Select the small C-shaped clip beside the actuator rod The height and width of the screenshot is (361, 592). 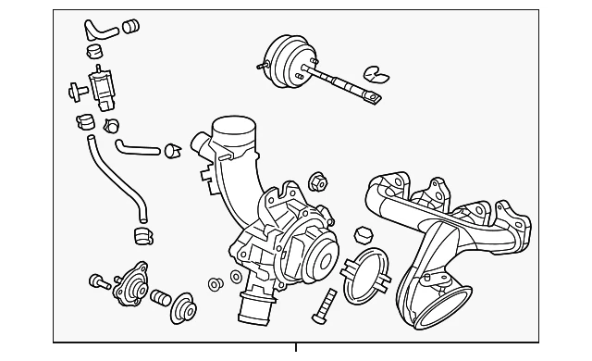coord(374,73)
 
